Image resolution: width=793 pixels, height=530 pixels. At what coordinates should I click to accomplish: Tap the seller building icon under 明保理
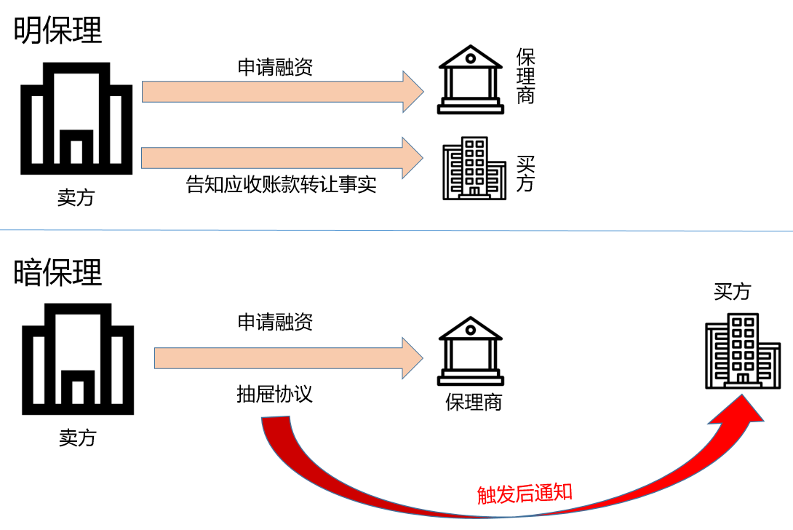pos(76,118)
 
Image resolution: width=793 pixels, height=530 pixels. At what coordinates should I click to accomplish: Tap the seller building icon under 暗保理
pos(77,359)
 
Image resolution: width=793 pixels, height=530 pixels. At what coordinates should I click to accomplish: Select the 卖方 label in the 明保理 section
pos(76,198)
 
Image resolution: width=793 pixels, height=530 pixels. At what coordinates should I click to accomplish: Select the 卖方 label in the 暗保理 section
pos(77,438)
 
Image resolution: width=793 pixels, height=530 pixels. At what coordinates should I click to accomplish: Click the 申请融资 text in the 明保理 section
pos(275,68)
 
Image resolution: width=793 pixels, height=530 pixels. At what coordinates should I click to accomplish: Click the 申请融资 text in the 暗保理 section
pos(275,322)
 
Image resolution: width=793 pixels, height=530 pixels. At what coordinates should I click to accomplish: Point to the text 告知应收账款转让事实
pos(282,185)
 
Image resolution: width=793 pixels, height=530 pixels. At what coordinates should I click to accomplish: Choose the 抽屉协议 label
pos(274,394)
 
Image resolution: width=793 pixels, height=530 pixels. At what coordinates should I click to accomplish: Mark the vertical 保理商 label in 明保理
pos(525,76)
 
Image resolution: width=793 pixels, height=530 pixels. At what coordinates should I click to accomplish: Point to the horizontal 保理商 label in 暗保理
pos(474,402)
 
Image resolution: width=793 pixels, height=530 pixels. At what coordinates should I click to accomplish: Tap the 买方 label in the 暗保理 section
pos(732,292)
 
